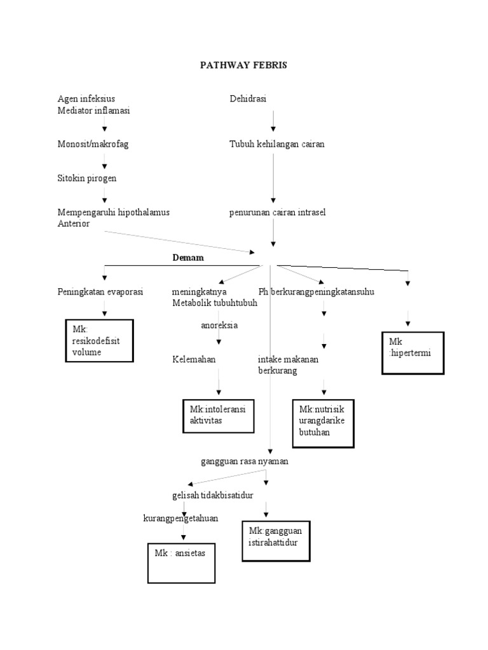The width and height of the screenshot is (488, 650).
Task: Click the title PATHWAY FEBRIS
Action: (243, 66)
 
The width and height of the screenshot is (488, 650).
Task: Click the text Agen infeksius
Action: (86, 98)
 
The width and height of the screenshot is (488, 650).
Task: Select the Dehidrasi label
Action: (248, 98)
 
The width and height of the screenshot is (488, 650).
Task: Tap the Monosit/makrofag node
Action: (93, 144)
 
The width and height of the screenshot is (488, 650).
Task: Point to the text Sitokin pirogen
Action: (87, 178)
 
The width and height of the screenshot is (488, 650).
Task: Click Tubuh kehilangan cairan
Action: (277, 144)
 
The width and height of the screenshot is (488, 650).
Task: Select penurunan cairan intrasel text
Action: (278, 212)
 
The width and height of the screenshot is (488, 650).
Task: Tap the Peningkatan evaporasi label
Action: (100, 291)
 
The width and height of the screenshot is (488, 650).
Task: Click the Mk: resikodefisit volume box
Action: (99, 341)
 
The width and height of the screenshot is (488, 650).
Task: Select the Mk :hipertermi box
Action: (412, 352)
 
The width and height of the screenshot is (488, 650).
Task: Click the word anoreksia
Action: (215, 325)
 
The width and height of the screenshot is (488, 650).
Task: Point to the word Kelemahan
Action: (194, 359)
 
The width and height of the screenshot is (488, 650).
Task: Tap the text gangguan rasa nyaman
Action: (245, 461)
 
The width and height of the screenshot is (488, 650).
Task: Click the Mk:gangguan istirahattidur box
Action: (276, 540)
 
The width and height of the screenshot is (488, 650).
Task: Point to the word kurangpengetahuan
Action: (180, 518)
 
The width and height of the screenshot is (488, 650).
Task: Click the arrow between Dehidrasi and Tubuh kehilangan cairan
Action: (273, 121)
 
